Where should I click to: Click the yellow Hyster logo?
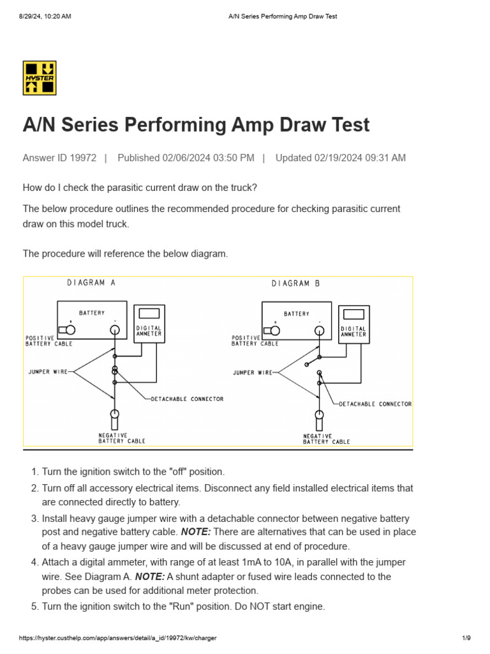(40, 78)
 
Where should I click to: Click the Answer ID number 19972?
(82, 158)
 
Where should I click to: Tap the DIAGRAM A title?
(91, 283)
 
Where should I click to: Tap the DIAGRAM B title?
(295, 283)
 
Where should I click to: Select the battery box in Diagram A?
(93, 319)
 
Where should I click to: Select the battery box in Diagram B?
(297, 319)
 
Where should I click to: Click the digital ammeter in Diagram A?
(149, 324)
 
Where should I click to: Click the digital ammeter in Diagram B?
(353, 324)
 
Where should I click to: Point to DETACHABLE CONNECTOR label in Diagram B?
(375, 404)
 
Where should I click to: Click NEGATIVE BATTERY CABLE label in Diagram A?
(121, 437)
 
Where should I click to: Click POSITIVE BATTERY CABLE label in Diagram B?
(255, 340)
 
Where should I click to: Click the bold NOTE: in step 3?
(198, 532)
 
